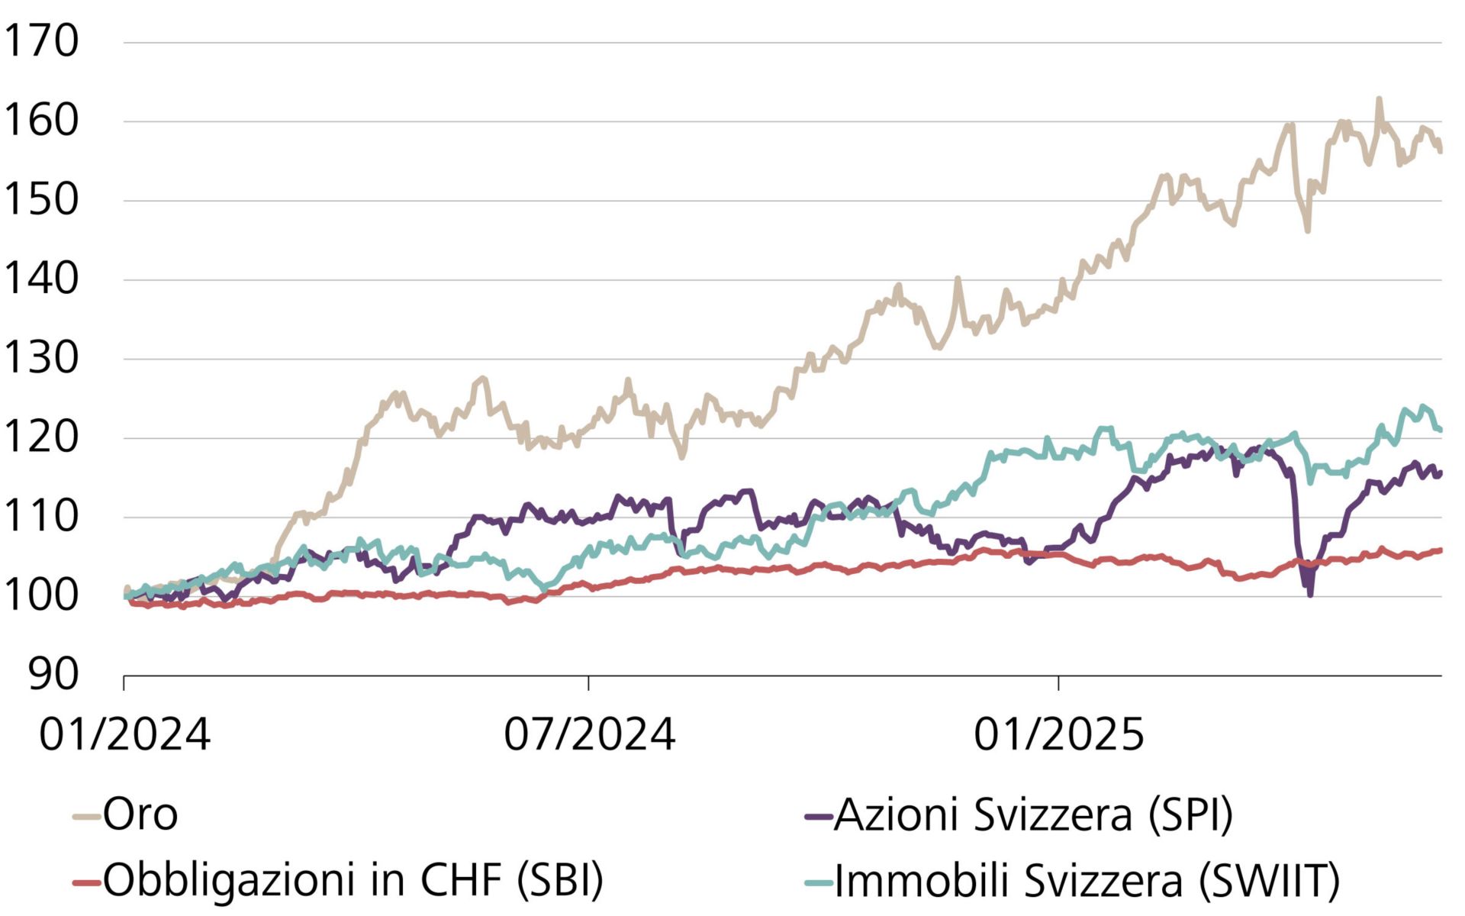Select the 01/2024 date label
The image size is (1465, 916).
tap(124, 734)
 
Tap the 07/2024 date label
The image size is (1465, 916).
tap(589, 734)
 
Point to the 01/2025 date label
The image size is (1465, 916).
tap(1058, 734)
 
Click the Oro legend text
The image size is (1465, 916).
tap(140, 814)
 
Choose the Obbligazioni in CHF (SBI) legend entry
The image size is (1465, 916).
tap(353, 880)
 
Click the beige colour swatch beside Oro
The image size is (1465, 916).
tap(87, 817)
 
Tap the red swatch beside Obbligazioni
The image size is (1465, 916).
tap(87, 882)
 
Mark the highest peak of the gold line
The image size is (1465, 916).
tap(1379, 99)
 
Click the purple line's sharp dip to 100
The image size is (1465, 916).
tap(1310, 594)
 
